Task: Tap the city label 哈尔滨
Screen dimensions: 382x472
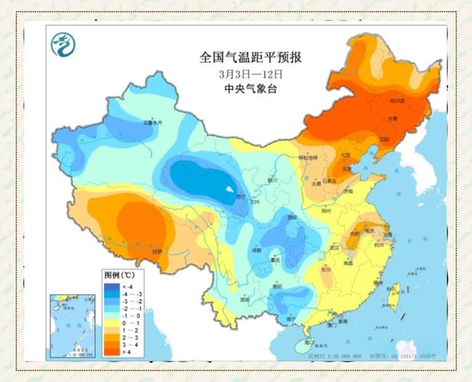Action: pyautogui.click(x=397, y=101)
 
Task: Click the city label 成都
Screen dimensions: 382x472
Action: pyautogui.click(x=256, y=250)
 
